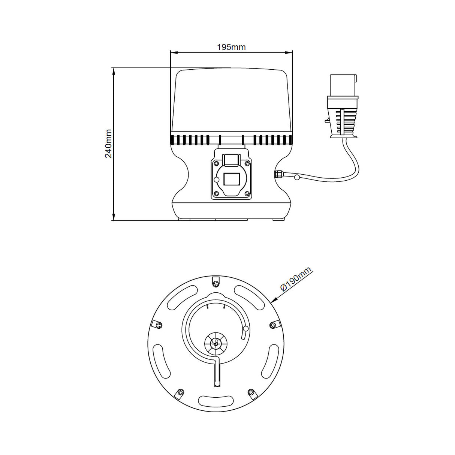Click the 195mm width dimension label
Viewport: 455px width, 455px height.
[231, 47]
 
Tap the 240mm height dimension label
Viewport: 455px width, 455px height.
[108, 143]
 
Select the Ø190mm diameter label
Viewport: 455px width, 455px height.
[296, 279]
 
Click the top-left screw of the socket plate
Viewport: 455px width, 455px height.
[216, 163]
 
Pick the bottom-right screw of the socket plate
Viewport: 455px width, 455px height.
[247, 194]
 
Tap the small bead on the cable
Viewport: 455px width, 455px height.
[297, 177]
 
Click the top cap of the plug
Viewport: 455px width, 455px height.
[343, 85]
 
